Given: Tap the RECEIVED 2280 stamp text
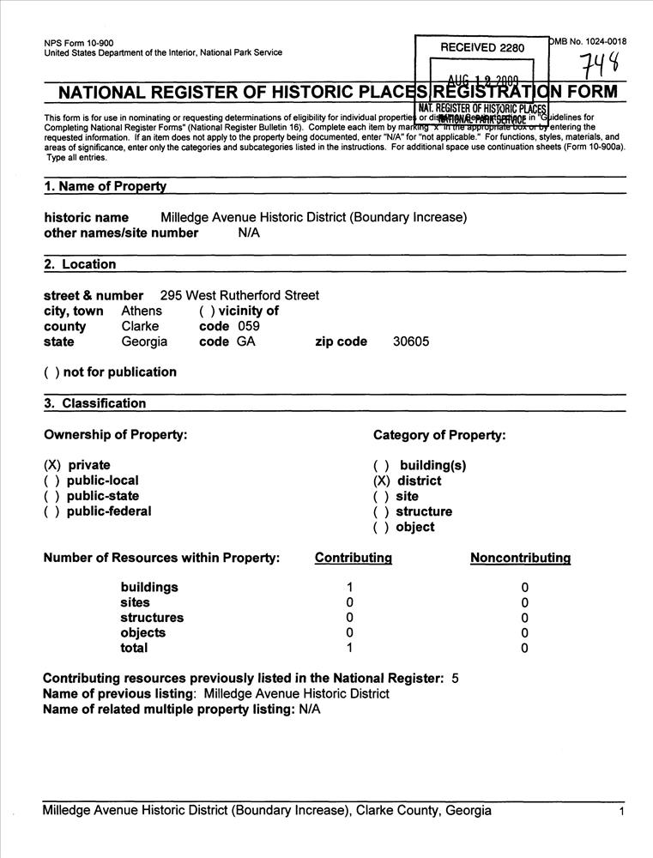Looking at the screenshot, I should [x=481, y=48].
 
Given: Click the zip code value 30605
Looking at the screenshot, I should [x=411, y=341].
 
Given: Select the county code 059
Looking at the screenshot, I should [x=248, y=326].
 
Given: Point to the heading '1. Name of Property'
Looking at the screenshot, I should [x=106, y=187].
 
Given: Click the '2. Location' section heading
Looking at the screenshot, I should [x=80, y=264].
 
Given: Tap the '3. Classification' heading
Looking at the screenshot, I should [x=95, y=403].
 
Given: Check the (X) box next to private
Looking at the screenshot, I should [x=51, y=466].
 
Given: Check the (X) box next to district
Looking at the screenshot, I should [x=381, y=481].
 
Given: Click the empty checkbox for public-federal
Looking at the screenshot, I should [x=51, y=512].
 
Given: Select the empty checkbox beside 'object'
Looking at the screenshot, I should [x=381, y=528].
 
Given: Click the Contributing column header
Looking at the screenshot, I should [x=354, y=559].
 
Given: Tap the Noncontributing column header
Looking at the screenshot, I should [x=520, y=559].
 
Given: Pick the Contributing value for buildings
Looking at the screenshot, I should [x=349, y=588].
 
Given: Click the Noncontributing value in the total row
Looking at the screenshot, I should [x=524, y=649].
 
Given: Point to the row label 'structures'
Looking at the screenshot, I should [x=151, y=618].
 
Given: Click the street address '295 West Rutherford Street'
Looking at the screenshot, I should [x=239, y=295].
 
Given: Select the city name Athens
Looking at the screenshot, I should [x=142, y=311].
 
